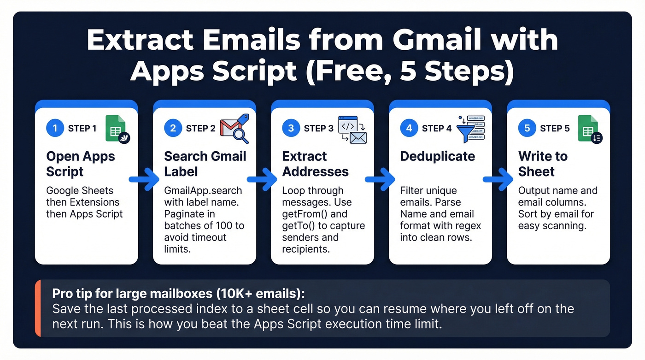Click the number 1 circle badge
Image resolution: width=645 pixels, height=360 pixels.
click(55, 128)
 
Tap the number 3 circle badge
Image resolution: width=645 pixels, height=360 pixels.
click(291, 128)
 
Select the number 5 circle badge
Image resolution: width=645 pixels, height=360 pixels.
click(527, 128)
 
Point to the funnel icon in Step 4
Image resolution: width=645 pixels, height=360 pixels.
click(465, 130)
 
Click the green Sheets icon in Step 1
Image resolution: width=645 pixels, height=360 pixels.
click(116, 128)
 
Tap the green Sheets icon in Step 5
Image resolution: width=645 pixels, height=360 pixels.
click(588, 128)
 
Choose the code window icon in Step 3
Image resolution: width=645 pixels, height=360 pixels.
click(349, 124)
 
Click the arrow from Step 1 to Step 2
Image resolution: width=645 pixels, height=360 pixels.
click(144, 179)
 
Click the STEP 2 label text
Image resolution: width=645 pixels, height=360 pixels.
click(200, 129)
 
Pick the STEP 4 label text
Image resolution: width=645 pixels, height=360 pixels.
click(436, 129)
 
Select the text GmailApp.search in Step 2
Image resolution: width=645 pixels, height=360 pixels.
click(203, 190)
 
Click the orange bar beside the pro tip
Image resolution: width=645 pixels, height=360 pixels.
click(38, 308)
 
